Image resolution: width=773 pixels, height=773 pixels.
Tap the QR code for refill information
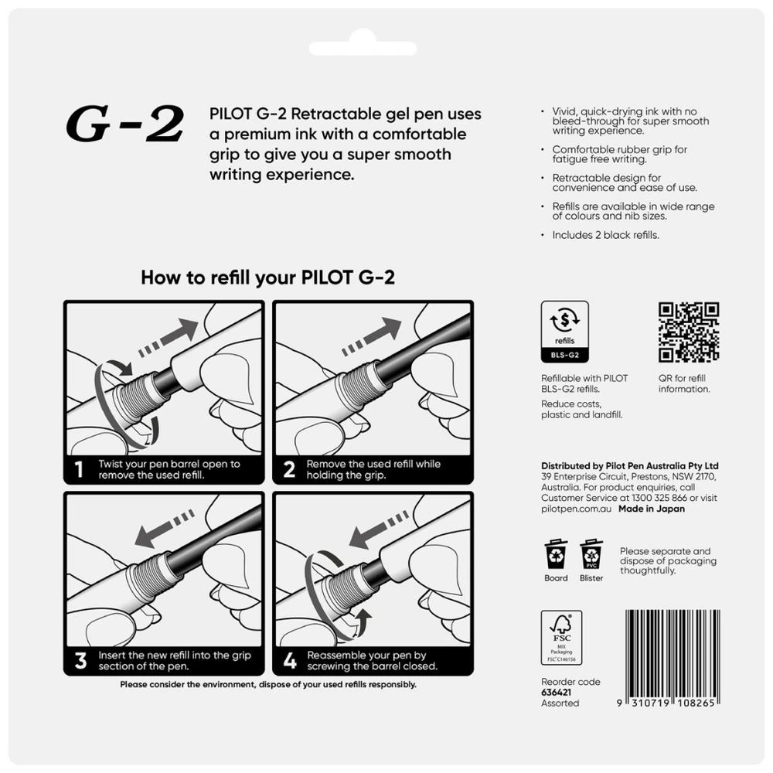tap(689, 332)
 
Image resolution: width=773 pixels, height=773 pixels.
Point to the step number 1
tap(79, 469)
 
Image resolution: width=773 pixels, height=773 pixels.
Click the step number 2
tap(289, 469)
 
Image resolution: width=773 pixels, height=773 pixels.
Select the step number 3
tap(80, 661)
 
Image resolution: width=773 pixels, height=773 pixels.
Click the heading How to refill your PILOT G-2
tap(267, 278)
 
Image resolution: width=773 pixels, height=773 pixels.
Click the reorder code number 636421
tap(557, 693)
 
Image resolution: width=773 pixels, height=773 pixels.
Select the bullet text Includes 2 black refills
tap(605, 235)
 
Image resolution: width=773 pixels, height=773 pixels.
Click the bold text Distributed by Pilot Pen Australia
tap(630, 466)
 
